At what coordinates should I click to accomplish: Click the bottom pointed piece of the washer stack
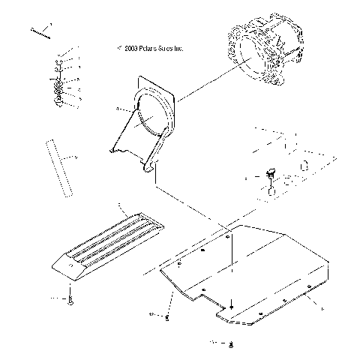58,103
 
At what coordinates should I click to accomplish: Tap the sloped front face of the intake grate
64,271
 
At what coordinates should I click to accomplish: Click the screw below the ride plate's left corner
166,317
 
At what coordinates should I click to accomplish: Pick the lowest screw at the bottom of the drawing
232,344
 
